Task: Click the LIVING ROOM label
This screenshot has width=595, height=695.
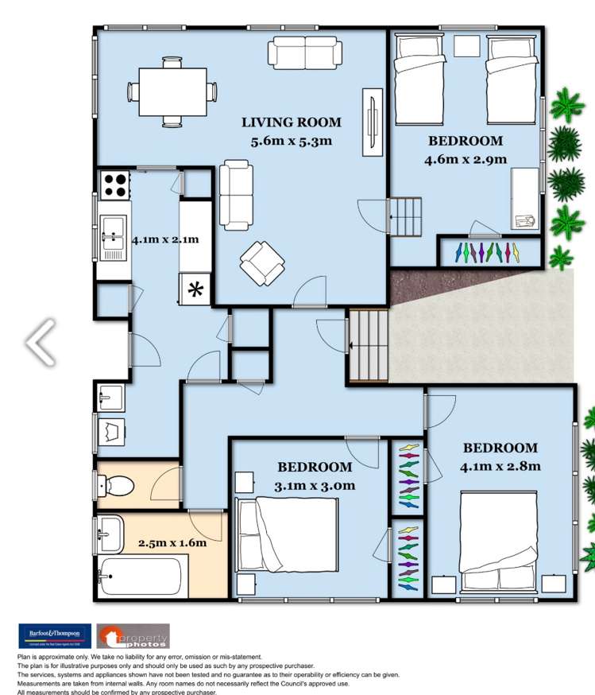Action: (x=292, y=122)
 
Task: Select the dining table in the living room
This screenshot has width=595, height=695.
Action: (x=174, y=91)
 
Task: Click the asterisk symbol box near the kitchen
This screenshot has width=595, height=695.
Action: (x=195, y=289)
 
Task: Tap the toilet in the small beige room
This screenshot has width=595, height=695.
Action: (x=114, y=483)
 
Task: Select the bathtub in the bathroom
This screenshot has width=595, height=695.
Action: (x=140, y=576)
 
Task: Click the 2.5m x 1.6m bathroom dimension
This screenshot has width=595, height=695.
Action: (x=172, y=543)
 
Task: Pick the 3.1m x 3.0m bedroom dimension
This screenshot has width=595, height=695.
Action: (x=315, y=486)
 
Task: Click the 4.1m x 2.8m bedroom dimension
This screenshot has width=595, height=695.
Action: (x=500, y=466)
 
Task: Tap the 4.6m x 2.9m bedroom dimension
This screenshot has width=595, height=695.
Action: (x=466, y=159)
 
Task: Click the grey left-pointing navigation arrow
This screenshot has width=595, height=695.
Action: (x=40, y=342)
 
